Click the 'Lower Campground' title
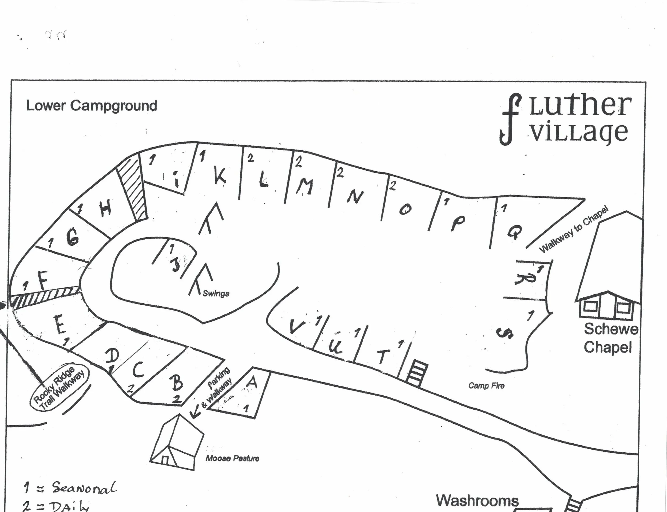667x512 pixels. (x=92, y=106)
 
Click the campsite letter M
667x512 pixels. (x=305, y=186)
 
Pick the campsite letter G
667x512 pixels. (x=73, y=237)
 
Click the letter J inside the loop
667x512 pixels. (x=176, y=264)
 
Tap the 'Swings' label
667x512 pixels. (x=216, y=293)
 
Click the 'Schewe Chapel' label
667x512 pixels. (x=610, y=338)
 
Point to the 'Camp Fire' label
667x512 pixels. (x=486, y=386)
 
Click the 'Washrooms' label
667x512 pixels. (x=477, y=501)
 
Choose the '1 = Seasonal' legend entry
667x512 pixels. (x=70, y=487)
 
